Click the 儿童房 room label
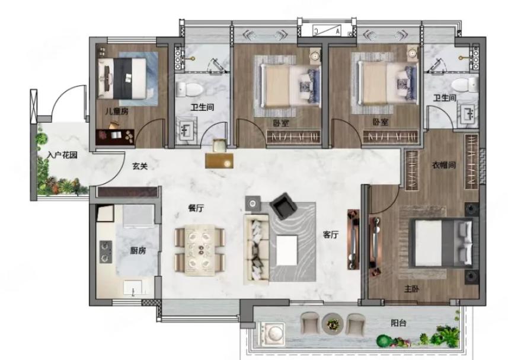pyautogui.click(x=116, y=111)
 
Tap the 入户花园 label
pyautogui.click(x=62, y=155)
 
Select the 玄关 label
pyautogui.click(x=140, y=166)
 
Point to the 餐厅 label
pyautogui.click(x=196, y=208)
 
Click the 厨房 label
pyautogui.click(x=138, y=250)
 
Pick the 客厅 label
pyautogui.click(x=330, y=235)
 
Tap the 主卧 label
pyautogui.click(x=412, y=289)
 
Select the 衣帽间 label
pyautogui.click(x=444, y=165)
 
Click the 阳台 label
pyautogui.click(x=398, y=323)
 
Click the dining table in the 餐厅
pyautogui.click(x=200, y=250)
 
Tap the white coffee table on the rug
pyautogui.click(x=287, y=250)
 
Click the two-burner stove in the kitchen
pyautogui.click(x=106, y=252)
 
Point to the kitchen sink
pyautogui.click(x=133, y=287)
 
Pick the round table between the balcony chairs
pyautogui.click(x=333, y=323)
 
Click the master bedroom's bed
pyautogui.click(x=444, y=243)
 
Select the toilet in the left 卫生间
pyautogui.click(x=190, y=89)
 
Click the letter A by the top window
pyautogui.click(x=338, y=31)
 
